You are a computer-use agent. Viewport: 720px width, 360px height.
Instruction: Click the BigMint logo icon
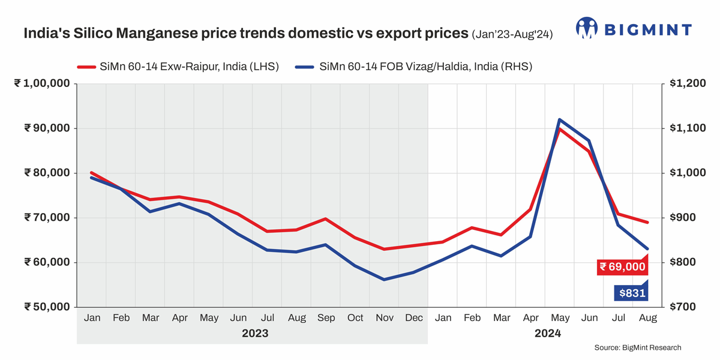tap(587, 28)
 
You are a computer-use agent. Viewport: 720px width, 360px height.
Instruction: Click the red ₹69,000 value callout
tap(623, 266)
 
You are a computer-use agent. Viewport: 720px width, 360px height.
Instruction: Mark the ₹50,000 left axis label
tap(46, 307)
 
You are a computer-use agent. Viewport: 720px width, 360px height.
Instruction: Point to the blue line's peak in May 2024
tap(559, 119)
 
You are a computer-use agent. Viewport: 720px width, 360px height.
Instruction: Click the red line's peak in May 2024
tap(559, 128)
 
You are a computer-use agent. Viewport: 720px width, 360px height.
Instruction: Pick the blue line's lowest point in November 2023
tap(383, 279)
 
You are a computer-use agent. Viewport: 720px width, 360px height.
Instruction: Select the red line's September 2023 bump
tap(325, 218)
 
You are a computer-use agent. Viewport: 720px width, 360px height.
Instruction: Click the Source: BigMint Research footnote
tap(638, 347)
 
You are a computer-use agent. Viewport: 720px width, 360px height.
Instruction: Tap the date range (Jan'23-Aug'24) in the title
tap(512, 34)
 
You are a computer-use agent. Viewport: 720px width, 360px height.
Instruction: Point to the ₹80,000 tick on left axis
tap(46, 173)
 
